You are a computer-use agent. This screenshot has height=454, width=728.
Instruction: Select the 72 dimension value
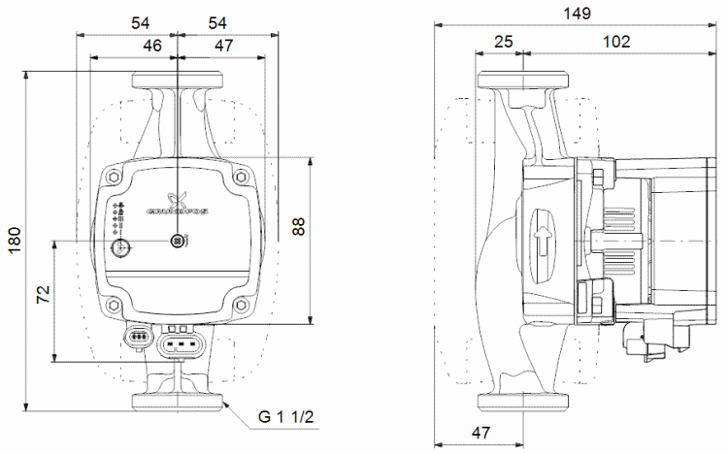[x=44, y=296]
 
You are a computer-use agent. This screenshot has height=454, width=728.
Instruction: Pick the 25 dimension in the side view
[x=503, y=42]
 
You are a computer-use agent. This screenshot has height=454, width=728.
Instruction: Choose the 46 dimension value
[x=152, y=46]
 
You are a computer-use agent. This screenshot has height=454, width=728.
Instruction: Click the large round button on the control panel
[x=122, y=250]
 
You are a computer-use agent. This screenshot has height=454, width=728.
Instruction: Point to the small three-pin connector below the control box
[x=139, y=338]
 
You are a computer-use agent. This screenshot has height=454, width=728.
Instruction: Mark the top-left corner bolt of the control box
[x=116, y=178]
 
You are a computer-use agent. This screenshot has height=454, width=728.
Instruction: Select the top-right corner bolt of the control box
[x=239, y=178]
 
